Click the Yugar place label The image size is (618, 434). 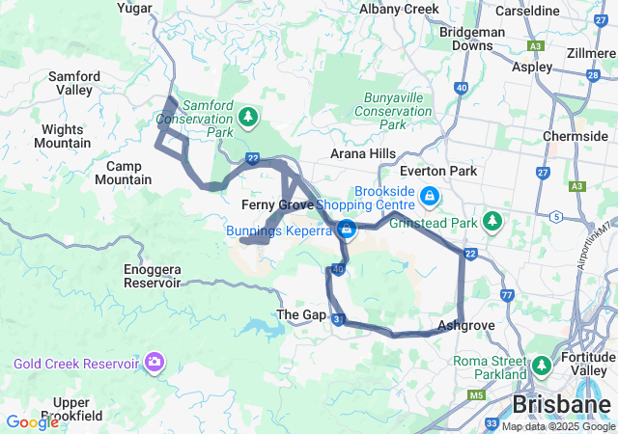tap(134, 9)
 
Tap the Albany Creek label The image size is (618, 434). tap(399, 9)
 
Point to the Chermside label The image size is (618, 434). tap(575, 136)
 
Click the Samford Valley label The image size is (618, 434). tap(74, 83)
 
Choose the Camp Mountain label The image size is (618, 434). tap(124, 173)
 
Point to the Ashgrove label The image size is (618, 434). tap(466, 325)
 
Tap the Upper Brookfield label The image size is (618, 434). tap(85, 409)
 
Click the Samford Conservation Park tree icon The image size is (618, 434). tap(249, 117)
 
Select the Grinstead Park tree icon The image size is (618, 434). tap(492, 221)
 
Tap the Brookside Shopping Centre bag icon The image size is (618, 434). tap(429, 197)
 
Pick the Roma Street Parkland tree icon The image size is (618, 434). tap(541, 366)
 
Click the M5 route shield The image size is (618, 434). tap(475, 394)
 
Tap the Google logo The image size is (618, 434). tap(32, 421)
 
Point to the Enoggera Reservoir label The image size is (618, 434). tap(152, 276)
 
